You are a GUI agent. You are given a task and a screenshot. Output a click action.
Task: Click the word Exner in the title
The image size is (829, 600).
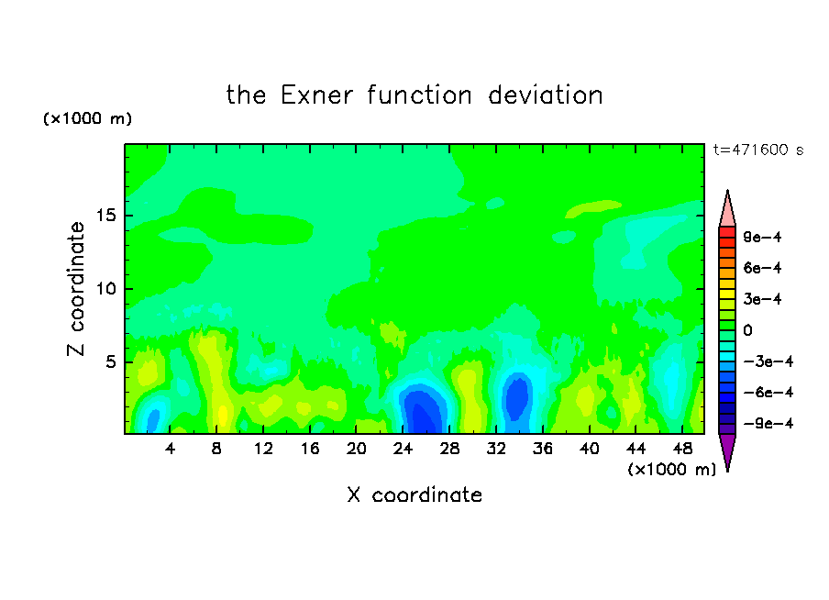coord(316,95)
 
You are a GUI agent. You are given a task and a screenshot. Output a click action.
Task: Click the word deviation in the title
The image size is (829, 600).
coord(545,95)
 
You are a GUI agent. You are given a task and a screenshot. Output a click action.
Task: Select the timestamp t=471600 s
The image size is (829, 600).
coord(758,150)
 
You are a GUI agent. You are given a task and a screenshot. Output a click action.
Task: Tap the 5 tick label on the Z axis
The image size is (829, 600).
coord(110,361)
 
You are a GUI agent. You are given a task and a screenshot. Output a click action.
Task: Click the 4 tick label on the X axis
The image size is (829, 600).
coord(170,449)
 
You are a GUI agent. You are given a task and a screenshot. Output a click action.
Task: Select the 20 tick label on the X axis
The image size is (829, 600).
coord(356,449)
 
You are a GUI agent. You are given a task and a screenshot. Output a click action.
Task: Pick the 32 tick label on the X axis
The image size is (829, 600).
coord(496,449)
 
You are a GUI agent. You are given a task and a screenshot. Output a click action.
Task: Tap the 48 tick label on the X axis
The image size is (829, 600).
coord(682,449)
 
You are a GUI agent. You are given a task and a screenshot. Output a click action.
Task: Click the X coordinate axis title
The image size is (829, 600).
coord(414,494)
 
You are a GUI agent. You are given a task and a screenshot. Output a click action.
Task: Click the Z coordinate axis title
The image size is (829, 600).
coord(76,289)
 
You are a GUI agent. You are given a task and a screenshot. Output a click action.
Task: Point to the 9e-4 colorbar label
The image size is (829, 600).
coord(762,237)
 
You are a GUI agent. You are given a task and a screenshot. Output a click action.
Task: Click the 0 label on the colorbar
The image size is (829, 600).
coord(747,330)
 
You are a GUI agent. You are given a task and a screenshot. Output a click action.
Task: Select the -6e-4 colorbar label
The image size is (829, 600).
coord(768,393)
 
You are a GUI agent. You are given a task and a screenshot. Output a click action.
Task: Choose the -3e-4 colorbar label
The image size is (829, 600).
coord(768,361)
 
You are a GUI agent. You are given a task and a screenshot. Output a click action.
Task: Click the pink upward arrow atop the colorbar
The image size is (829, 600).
coord(727,208)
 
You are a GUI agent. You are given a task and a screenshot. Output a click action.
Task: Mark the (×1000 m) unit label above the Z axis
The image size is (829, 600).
coord(87,118)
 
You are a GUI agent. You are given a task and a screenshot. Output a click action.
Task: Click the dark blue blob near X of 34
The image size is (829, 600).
coord(517,397)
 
